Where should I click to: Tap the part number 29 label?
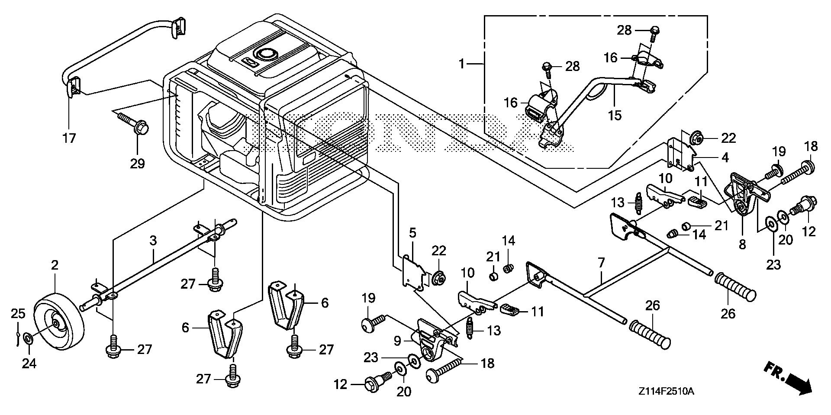(x=137, y=163)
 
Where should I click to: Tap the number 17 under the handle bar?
(x=69, y=138)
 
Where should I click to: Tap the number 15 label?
(x=615, y=115)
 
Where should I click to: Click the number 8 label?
(x=742, y=244)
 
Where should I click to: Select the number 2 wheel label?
(x=55, y=265)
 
